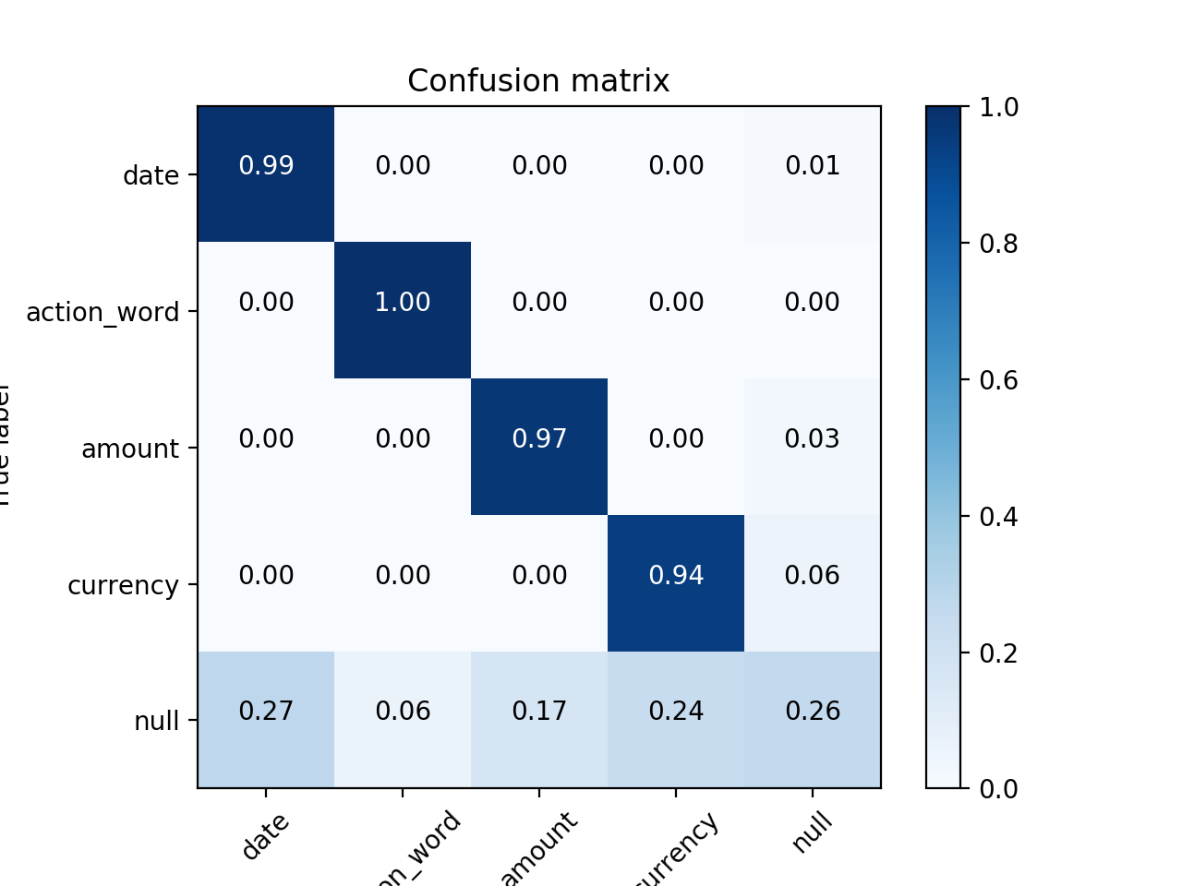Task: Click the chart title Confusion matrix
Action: tap(538, 81)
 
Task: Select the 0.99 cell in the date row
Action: tap(266, 166)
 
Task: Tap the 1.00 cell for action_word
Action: tap(403, 303)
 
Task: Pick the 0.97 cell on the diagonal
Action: tap(539, 439)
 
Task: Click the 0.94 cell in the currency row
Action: tap(676, 576)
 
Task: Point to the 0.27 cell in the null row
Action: tap(266, 712)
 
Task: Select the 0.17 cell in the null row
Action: tap(539, 712)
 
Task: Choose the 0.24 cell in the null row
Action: tap(676, 712)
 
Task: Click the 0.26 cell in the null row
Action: tap(813, 712)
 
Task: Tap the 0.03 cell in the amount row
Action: tap(813, 439)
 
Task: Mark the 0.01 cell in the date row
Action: tap(813, 166)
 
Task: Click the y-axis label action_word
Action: tap(103, 312)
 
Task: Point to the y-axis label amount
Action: tap(130, 449)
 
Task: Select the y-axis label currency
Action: tap(123, 585)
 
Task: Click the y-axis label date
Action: tap(151, 175)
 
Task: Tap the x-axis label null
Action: tap(813, 832)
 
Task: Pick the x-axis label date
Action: tap(266, 836)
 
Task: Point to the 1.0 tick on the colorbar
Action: tap(998, 107)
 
